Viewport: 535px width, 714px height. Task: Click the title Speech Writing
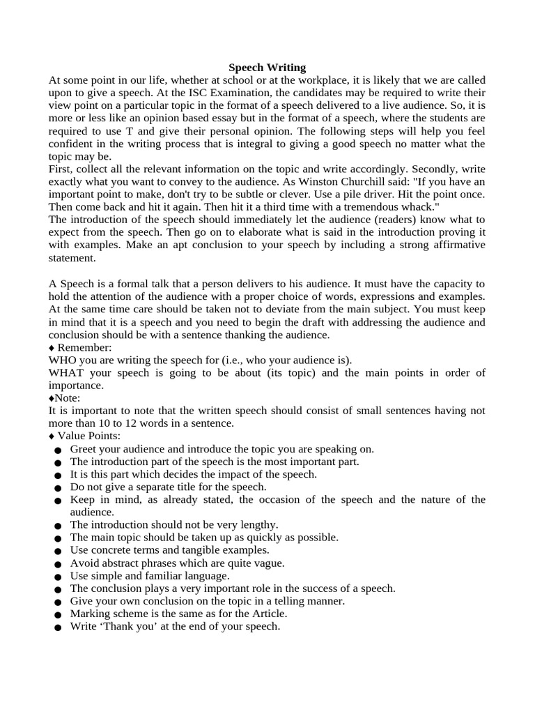tap(267, 68)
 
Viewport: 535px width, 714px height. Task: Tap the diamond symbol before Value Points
tap(52, 436)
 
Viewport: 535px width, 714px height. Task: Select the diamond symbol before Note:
tap(51, 397)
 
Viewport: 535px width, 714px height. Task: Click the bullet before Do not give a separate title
tap(56, 488)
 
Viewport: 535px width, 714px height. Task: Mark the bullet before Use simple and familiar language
tap(56, 577)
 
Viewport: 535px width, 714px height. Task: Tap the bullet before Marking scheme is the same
tap(56, 615)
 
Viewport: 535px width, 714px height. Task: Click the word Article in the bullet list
tap(267, 614)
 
